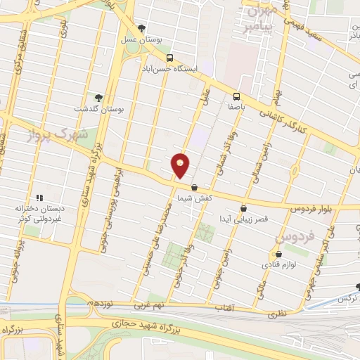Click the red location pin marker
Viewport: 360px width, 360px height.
pyautogui.click(x=181, y=165)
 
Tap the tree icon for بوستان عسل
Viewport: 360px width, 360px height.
pyautogui.click(x=142, y=29)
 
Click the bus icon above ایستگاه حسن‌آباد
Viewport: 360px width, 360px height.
pyautogui.click(x=169, y=58)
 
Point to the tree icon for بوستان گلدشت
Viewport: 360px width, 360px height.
pyautogui.click(x=98, y=98)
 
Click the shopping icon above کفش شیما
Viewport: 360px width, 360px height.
pyautogui.click(x=194, y=187)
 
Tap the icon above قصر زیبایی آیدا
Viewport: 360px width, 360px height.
pyautogui.click(x=243, y=208)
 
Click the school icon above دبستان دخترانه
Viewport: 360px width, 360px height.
pyautogui.click(x=39, y=198)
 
